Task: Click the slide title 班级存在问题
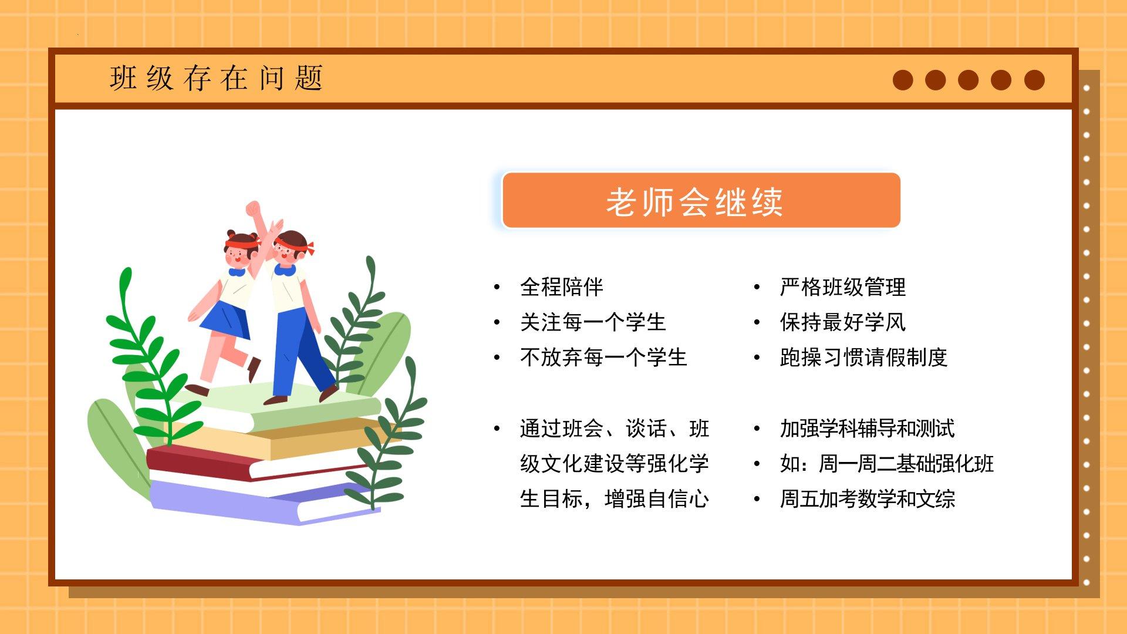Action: coord(216,78)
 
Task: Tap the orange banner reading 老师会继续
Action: coord(701,200)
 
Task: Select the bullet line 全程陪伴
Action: coord(562,287)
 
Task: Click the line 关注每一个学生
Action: coord(593,322)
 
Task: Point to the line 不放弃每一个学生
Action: coord(603,358)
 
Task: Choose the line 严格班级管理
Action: coord(843,287)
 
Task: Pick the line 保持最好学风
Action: coord(843,322)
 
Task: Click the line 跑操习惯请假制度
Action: coord(863,358)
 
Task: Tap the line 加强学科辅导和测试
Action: coord(867,429)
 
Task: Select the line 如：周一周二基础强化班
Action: coord(887,464)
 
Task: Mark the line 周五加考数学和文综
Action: coord(868,499)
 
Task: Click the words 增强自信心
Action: coord(657,499)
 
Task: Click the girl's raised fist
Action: coord(253,209)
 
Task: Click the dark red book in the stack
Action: coord(235,464)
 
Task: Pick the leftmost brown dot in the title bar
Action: coord(903,80)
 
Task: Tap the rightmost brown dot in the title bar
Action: coord(1034,80)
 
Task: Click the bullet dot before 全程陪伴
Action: coord(497,287)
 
